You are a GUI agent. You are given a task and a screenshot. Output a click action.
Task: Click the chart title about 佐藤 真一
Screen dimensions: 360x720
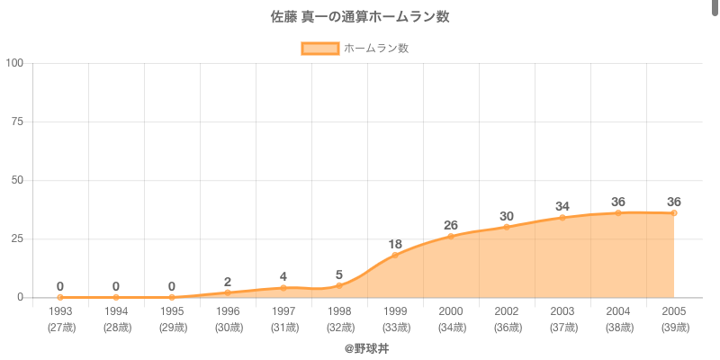coord(360,17)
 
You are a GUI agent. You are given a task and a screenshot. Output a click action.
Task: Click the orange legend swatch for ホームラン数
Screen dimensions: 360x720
coord(320,48)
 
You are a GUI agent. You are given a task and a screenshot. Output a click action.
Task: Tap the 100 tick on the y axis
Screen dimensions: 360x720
coord(15,63)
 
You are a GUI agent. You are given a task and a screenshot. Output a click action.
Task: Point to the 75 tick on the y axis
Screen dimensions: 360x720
coord(18,121)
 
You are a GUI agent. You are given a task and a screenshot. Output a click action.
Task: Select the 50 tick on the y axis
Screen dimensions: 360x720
coord(18,180)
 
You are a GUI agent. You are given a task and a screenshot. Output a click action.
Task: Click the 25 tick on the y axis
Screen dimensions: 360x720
coord(18,238)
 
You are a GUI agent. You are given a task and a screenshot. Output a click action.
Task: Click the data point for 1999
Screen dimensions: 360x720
coord(395,255)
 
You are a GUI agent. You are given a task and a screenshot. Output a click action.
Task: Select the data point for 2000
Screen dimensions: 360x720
coord(451,236)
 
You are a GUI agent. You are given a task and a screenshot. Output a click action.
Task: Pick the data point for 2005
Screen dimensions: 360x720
coord(674,212)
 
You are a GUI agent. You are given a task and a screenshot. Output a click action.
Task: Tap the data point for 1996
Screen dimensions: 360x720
coord(228,292)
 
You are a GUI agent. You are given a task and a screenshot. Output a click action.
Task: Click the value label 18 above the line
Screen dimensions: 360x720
coord(395,244)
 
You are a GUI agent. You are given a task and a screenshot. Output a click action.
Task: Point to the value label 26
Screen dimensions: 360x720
coord(451,225)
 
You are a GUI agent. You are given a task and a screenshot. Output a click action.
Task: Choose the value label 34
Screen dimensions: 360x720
coord(562,206)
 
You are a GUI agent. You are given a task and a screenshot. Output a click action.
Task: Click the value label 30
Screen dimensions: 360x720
coord(507,216)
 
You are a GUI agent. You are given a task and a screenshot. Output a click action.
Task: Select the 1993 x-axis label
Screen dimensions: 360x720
coord(60,311)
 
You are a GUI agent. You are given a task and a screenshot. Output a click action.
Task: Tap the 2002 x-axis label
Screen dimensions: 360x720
coord(507,311)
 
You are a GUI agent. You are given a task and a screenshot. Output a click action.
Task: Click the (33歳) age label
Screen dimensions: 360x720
coord(395,327)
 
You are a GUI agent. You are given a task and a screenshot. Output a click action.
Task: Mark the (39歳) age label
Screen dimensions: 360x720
coord(674,327)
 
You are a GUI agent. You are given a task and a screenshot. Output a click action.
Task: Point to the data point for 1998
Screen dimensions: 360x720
coord(339,285)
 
